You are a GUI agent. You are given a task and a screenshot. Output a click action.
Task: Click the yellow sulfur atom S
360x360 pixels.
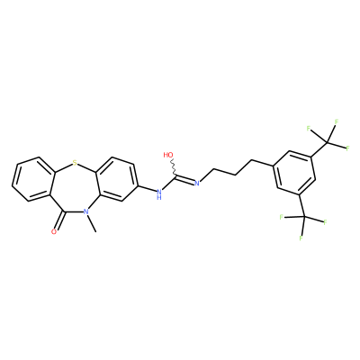click(75, 164)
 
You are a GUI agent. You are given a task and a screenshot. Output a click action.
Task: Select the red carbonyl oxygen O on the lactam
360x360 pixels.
click(54, 231)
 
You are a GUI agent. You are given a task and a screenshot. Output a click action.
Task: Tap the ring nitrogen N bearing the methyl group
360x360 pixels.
click(86, 211)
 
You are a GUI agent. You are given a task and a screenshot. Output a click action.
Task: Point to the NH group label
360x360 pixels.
click(159, 193)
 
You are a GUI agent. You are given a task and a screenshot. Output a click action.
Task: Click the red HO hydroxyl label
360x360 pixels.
click(168, 155)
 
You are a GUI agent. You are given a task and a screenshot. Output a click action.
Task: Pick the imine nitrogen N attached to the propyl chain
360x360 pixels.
click(197, 183)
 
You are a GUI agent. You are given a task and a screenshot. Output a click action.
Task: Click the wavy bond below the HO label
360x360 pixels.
click(174, 168)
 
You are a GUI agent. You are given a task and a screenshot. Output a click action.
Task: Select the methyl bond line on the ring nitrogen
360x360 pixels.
click(93, 223)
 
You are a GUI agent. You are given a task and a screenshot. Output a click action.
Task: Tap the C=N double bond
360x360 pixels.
click(185, 179)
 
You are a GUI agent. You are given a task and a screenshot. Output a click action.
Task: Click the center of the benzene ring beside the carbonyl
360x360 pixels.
click(33, 179)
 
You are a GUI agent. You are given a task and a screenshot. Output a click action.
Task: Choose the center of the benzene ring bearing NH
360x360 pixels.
click(116, 179)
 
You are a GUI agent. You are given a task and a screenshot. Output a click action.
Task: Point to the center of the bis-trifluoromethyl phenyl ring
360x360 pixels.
click(294, 173)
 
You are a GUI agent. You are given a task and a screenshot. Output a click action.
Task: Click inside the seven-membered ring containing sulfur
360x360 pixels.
click(74, 190)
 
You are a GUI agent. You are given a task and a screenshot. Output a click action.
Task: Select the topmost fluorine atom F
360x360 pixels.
click(337, 122)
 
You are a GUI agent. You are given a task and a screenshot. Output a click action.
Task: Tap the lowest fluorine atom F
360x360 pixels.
click(301, 238)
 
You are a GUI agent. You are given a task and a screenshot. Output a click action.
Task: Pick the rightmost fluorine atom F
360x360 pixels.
click(348, 148)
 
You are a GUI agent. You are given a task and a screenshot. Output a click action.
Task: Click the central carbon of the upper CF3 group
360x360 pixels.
click(328, 142)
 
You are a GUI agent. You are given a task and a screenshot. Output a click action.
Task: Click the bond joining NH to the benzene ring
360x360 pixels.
click(148, 188)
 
